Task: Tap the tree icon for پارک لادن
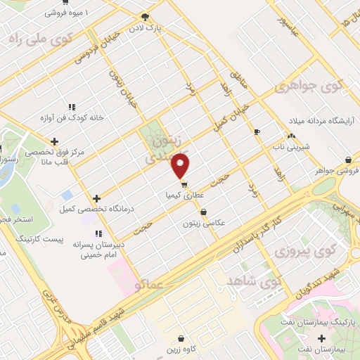coord(145,17)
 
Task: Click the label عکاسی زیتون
coord(203,223)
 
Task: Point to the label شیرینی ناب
coord(288,147)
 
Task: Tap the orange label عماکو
coord(147,283)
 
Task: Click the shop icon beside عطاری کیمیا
coord(184,186)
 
